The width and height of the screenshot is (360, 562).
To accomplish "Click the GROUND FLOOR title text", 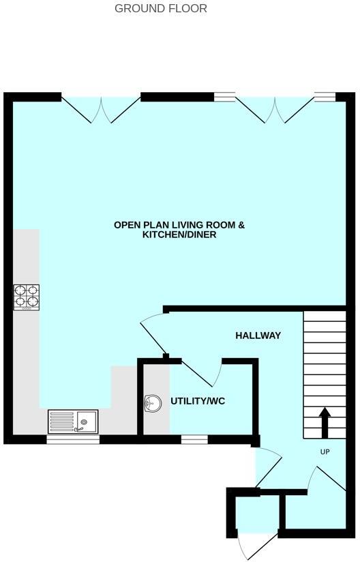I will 160,9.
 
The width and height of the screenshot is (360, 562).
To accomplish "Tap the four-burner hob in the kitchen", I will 26,297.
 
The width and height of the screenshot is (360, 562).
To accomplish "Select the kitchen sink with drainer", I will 72,421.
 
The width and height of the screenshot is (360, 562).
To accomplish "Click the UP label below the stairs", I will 325,452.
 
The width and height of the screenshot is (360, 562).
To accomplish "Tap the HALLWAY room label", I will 258,336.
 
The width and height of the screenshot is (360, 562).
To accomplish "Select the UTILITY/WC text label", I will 198,401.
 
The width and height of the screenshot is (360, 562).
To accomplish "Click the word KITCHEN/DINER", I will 179,235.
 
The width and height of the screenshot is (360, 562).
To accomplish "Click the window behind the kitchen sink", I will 72,440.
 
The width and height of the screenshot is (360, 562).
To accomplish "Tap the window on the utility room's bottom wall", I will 194,440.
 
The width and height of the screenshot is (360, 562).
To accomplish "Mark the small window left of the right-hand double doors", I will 224,97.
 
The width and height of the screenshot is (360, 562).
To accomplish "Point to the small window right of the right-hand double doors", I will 325,97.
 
